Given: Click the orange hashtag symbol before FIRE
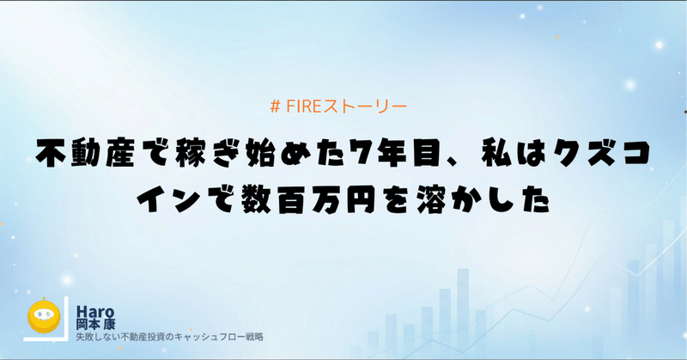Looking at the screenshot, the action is [x=275, y=107].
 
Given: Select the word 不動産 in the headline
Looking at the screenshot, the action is [x=85, y=154].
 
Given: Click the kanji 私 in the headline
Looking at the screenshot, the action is [x=496, y=154].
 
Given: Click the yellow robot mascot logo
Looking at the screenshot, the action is [x=44, y=315].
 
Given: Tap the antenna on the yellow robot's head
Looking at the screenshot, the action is [x=44, y=300].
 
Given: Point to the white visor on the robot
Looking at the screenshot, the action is [x=44, y=314].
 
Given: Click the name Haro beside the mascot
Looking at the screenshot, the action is [x=95, y=311].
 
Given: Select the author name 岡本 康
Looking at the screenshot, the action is [x=95, y=325].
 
